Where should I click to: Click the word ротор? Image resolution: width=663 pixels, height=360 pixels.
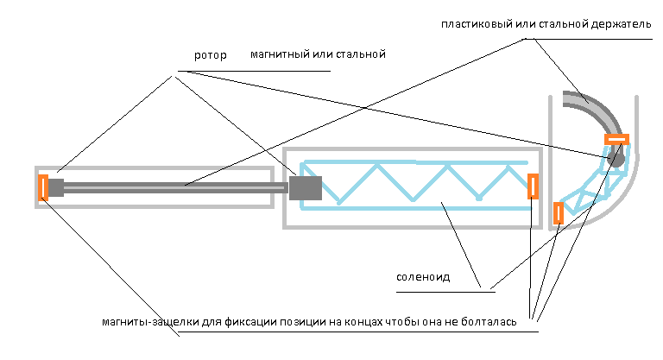(211, 55)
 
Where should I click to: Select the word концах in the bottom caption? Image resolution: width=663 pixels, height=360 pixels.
(370, 323)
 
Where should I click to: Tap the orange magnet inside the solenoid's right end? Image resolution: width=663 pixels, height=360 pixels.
(533, 186)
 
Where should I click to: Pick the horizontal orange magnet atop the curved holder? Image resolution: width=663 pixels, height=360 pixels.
(616, 139)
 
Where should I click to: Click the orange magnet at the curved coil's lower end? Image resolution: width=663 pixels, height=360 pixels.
(559, 212)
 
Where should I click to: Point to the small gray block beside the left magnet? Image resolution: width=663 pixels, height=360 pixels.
(56, 187)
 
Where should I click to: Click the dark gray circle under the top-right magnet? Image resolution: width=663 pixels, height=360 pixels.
(616, 157)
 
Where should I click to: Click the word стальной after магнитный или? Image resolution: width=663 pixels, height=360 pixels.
(362, 54)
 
